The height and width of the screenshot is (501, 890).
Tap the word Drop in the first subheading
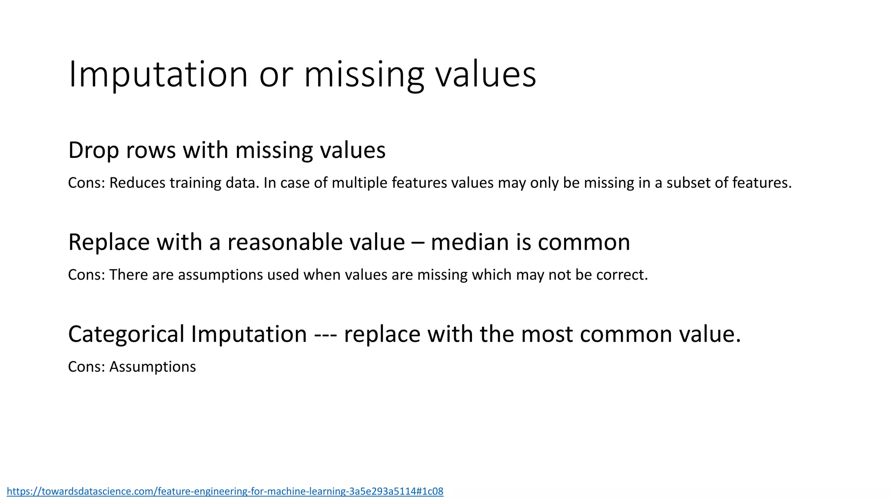94,150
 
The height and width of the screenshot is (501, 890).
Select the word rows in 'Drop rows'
150,150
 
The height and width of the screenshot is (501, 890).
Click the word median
469,242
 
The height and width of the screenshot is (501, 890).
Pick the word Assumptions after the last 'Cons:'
153,367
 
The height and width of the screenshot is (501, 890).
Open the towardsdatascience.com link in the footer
225,491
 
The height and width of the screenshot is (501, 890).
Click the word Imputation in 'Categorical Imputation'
249,334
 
